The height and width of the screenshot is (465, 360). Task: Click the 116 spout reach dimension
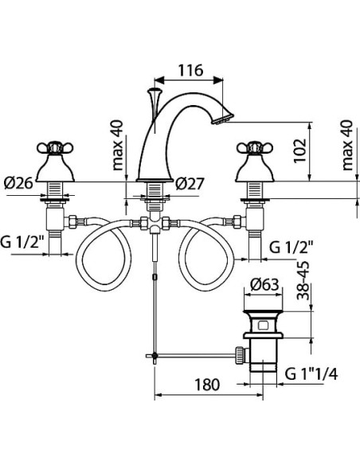point(190,71)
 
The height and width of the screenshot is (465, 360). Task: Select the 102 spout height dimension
point(300,150)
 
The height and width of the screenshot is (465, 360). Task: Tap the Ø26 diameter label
point(18,183)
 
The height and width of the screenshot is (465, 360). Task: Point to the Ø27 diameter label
point(190,184)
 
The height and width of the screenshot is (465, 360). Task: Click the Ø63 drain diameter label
point(264,285)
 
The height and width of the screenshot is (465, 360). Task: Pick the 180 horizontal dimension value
point(207,385)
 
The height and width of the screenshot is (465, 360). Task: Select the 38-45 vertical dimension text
point(303,280)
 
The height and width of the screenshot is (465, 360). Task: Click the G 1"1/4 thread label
point(311,374)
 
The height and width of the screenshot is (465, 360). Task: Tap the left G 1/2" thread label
point(22,242)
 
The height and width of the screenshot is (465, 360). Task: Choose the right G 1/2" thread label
point(292,248)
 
